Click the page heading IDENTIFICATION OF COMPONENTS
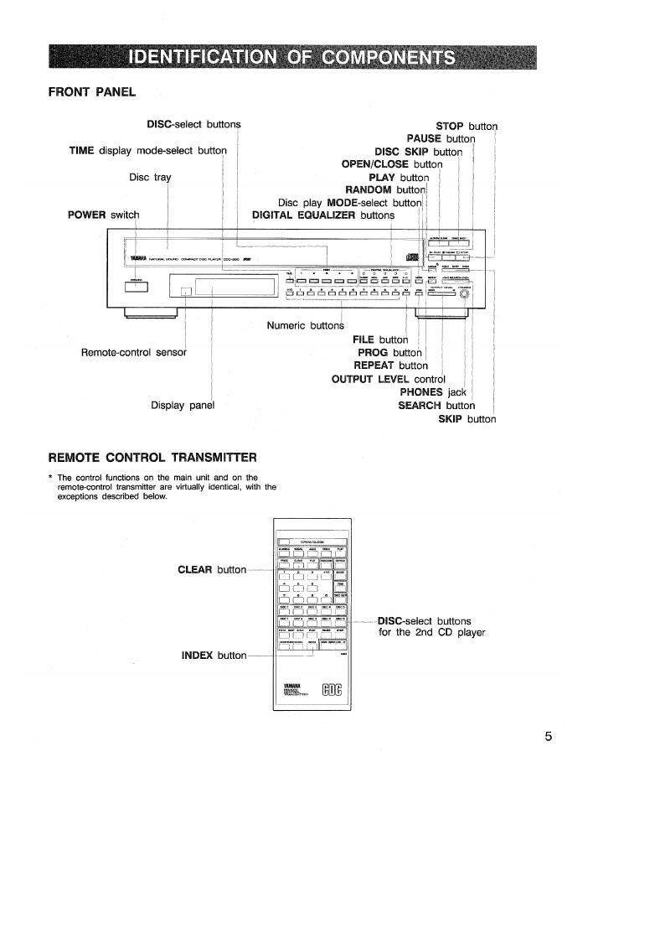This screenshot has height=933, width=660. coord(292,57)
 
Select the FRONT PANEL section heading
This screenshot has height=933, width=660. coord(92,91)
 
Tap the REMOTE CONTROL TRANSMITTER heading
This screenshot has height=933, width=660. coord(152,457)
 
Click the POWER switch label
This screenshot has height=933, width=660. coord(103,215)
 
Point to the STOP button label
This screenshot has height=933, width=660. coord(467,126)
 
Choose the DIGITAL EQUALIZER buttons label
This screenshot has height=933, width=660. coord(322,215)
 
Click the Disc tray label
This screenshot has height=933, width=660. coord(150,177)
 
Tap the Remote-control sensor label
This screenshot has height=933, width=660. coord(133,351)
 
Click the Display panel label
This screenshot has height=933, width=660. coord(183,405)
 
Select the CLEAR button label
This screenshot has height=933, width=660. coord(212,570)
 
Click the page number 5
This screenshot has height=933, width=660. coord(549,737)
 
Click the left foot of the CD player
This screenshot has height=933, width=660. coord(151,313)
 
